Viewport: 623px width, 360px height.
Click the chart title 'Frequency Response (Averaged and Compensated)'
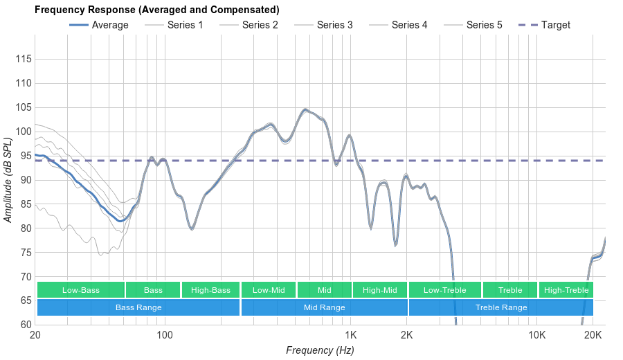[157, 10]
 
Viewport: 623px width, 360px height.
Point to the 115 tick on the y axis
[24, 60]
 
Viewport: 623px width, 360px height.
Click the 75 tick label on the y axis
[24, 253]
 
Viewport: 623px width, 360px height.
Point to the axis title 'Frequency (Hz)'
[320, 350]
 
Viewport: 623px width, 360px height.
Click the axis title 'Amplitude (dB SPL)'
[8, 180]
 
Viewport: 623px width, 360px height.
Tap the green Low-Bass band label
[81, 290]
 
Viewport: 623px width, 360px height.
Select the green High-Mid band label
[380, 290]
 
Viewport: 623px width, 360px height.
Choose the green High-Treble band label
[566, 290]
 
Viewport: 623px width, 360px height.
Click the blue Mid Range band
[324, 307]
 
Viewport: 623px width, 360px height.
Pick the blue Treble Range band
[501, 307]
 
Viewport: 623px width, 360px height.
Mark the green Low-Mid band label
[269, 290]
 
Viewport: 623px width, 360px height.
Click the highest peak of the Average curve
[305, 109]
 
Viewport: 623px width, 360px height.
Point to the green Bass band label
[154, 290]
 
